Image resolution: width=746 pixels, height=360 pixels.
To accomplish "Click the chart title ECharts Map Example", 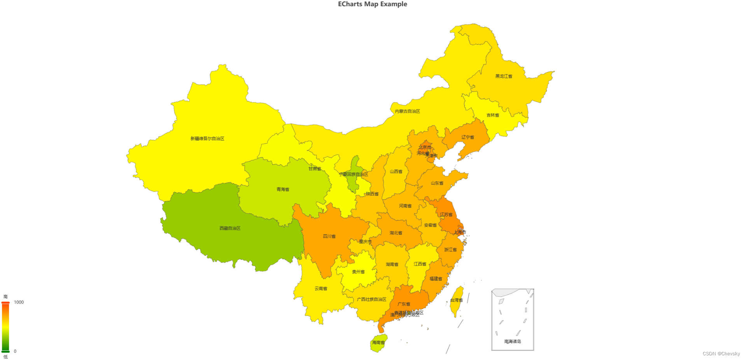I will point(372,4).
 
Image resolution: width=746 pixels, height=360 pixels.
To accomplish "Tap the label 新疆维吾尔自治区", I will point(207,139).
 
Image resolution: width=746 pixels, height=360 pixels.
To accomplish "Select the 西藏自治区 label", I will point(230,228).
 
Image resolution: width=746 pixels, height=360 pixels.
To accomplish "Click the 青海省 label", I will point(283,190).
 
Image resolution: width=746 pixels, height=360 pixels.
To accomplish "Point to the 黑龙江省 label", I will point(504,76).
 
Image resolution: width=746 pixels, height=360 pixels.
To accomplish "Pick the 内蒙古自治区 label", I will point(407,111).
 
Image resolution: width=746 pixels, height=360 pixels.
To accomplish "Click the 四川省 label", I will point(329,236).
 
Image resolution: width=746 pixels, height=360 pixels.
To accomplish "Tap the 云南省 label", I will point(321,289).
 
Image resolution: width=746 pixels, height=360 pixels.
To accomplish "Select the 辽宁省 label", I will point(468,137).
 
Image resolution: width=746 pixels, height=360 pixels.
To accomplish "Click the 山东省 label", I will point(437,183).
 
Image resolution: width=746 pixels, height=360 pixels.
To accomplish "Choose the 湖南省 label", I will point(392,265).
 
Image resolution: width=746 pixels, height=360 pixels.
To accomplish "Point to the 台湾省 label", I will point(456,300).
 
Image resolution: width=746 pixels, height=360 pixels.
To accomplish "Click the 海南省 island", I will point(378,343).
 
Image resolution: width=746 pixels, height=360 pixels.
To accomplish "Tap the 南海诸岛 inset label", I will point(512,342).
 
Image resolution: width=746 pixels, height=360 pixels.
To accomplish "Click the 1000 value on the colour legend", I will point(19,302).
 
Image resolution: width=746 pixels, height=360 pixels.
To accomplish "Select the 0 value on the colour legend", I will point(15,351).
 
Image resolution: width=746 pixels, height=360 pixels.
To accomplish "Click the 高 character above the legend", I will point(5,297).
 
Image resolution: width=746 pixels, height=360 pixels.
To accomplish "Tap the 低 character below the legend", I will point(5,357).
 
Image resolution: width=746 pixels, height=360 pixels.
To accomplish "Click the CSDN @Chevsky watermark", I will point(721,354).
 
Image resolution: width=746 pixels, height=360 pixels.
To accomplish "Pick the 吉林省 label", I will point(492,115).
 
